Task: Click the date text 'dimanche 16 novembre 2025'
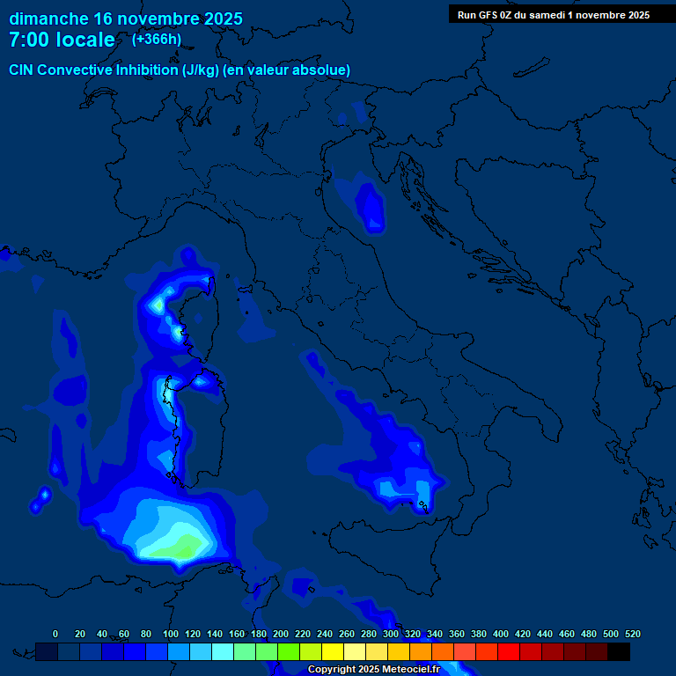(126, 18)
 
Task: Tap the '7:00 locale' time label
(62, 40)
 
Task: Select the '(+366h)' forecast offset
(157, 40)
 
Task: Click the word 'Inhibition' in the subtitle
(147, 70)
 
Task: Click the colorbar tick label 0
(55, 634)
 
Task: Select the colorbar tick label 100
(170, 634)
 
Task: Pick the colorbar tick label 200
(280, 634)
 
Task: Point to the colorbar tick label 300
(390, 634)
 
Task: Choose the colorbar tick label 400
(500, 634)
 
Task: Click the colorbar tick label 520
(632, 634)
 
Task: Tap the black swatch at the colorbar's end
(619, 651)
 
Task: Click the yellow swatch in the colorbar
(333, 651)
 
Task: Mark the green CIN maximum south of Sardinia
(182, 549)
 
